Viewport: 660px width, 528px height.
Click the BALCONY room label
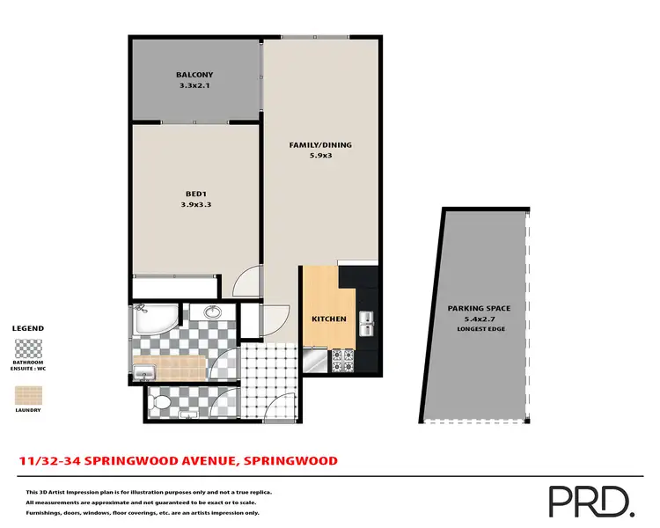point(195,75)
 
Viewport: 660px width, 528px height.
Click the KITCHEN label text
point(329,319)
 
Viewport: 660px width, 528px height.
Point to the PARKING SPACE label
point(480,308)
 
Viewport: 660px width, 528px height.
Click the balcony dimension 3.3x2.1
point(195,86)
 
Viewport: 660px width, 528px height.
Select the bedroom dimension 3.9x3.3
point(195,204)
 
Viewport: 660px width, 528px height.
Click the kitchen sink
point(366,325)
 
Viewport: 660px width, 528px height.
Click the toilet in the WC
point(159,404)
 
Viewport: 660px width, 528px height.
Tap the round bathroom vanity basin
point(211,312)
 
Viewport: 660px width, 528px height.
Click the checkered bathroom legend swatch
point(27,345)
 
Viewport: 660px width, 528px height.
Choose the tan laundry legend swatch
point(27,392)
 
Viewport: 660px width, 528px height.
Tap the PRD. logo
point(590,501)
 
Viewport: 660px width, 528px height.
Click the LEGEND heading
point(27,328)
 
